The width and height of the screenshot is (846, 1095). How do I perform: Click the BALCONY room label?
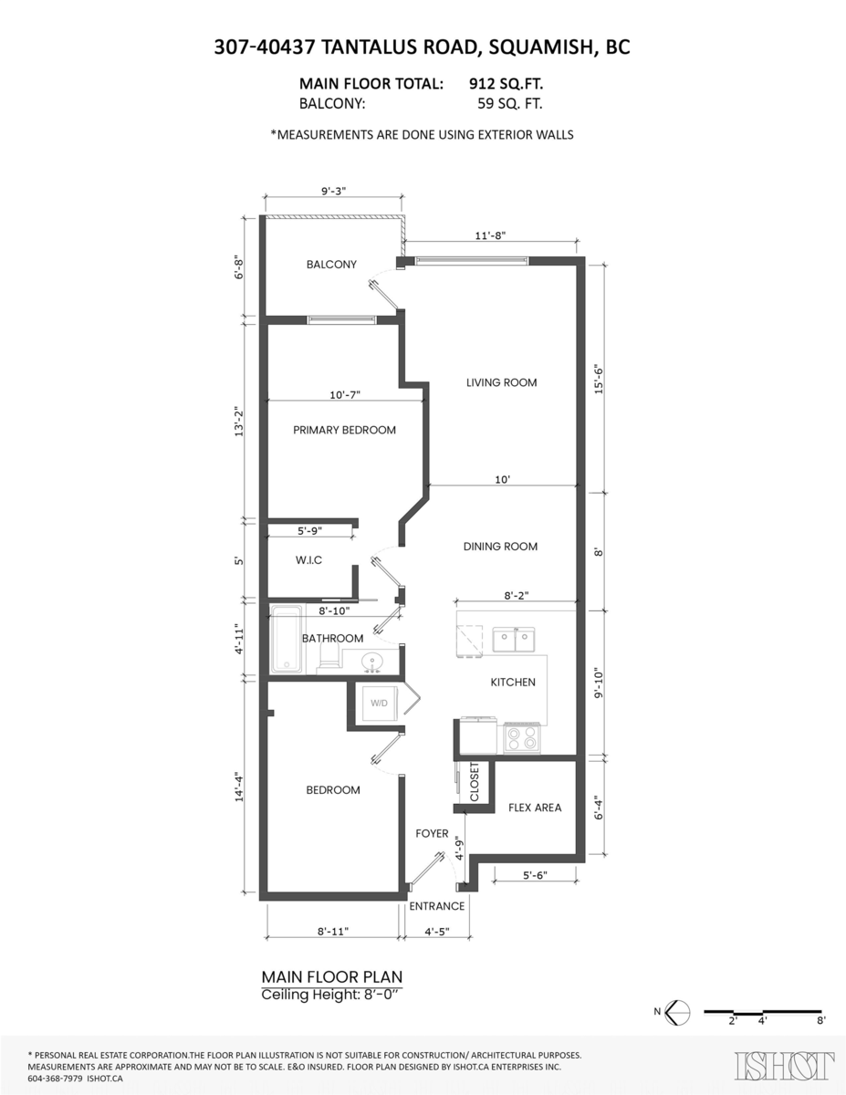point(331,264)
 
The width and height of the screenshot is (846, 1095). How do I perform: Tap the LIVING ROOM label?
point(501,382)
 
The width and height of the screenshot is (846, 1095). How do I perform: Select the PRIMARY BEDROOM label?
point(344,430)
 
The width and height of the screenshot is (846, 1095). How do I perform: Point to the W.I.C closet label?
point(308,560)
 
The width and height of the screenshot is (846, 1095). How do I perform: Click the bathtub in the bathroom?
point(287,640)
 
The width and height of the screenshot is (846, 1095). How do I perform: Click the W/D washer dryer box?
point(379,703)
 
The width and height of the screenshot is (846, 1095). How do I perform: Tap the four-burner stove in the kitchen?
point(522,739)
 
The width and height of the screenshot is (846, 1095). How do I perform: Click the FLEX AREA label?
point(535,808)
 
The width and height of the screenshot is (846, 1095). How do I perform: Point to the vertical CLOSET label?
point(475,782)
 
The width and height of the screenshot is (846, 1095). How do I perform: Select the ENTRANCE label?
point(437,906)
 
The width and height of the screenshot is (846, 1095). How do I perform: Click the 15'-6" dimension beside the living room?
point(599,380)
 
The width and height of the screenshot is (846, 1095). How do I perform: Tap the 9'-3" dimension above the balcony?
point(333,191)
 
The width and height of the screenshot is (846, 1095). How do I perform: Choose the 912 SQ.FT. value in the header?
point(506,83)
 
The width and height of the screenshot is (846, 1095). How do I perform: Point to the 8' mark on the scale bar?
point(821,1021)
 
